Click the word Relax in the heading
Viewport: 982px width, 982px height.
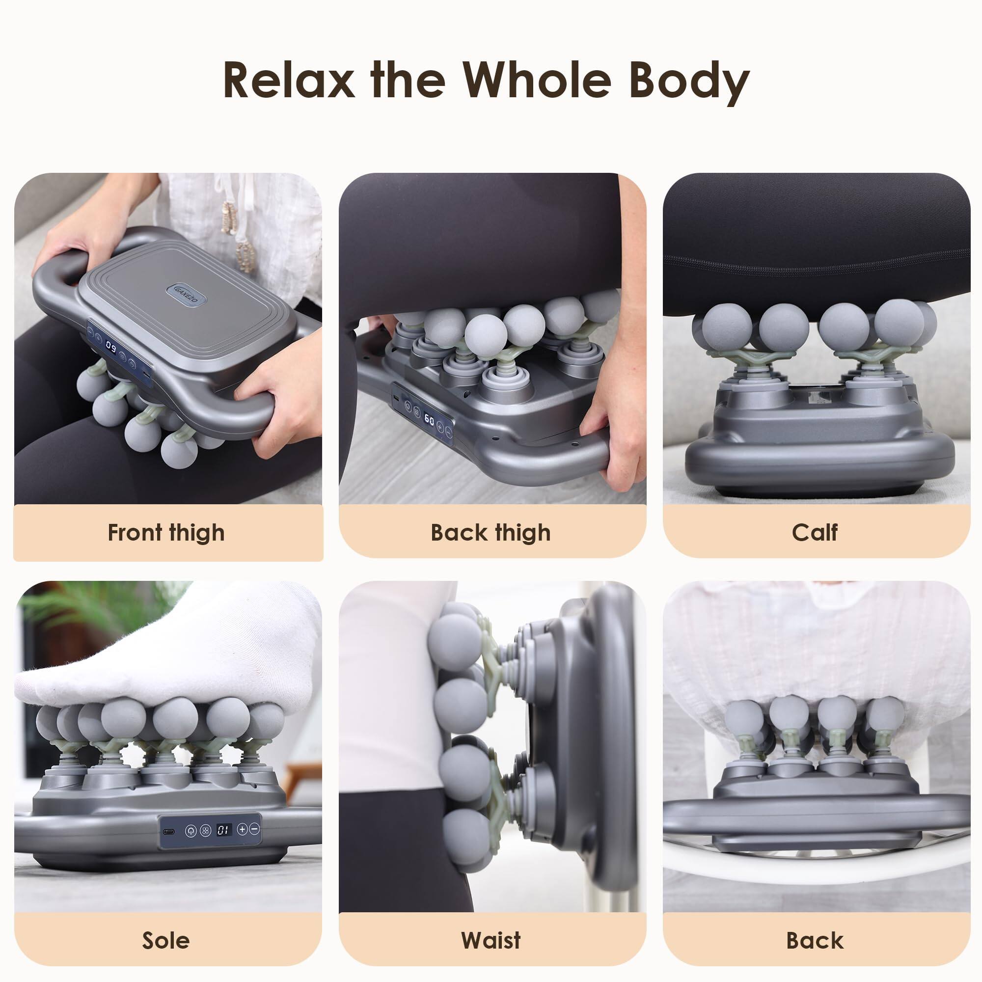pos(289,81)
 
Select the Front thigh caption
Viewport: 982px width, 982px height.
pos(166,533)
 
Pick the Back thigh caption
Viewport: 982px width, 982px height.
pos(491,533)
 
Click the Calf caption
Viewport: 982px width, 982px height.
pos(815,533)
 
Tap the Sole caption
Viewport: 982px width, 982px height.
pos(166,940)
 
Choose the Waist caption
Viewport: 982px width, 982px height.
pos(491,940)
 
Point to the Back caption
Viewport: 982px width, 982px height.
pos(815,940)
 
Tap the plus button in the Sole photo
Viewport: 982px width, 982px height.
pos(243,829)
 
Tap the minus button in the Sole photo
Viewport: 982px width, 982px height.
pos(255,829)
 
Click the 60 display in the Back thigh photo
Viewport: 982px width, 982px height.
pos(429,419)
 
